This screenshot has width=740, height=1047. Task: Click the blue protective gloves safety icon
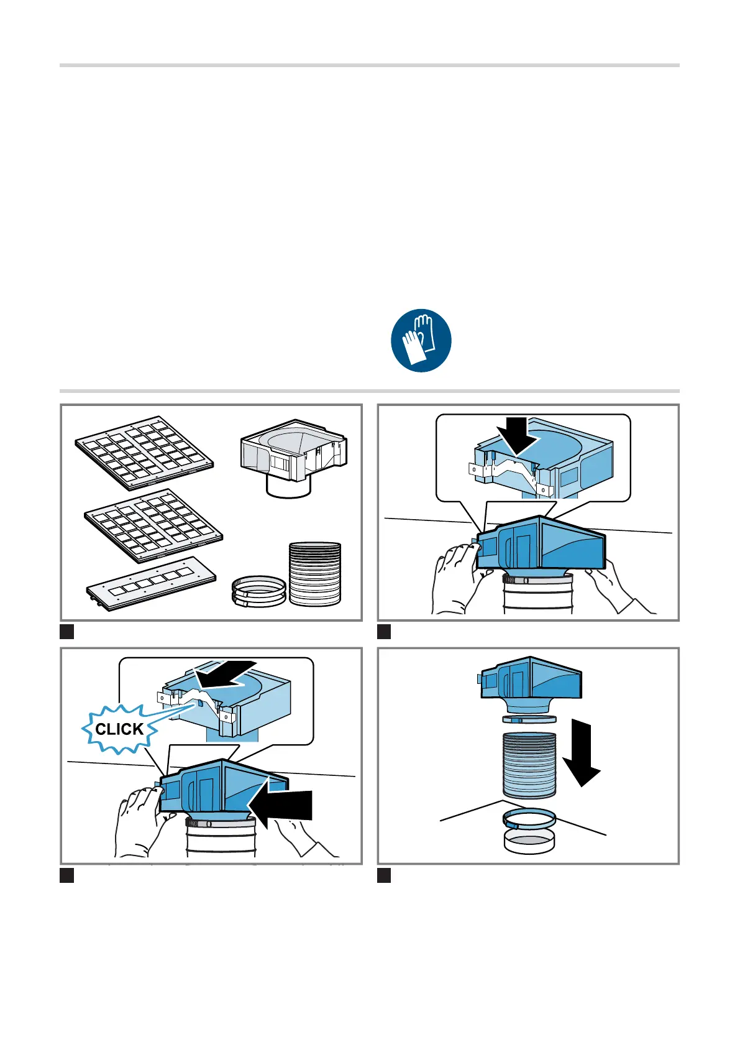(x=421, y=340)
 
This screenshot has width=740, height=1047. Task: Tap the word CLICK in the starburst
(x=119, y=729)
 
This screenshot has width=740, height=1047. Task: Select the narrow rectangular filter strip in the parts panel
(x=151, y=584)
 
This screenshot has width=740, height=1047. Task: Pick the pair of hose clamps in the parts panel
(x=259, y=591)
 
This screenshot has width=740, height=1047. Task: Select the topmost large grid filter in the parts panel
(x=144, y=453)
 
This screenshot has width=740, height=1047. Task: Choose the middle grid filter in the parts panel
(x=153, y=526)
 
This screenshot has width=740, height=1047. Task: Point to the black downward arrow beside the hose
(x=582, y=753)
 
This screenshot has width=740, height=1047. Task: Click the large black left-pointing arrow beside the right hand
(x=280, y=806)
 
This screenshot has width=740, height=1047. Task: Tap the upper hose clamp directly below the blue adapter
(x=529, y=719)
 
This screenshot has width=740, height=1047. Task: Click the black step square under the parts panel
(x=67, y=632)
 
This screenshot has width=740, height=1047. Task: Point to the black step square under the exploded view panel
(x=384, y=875)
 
